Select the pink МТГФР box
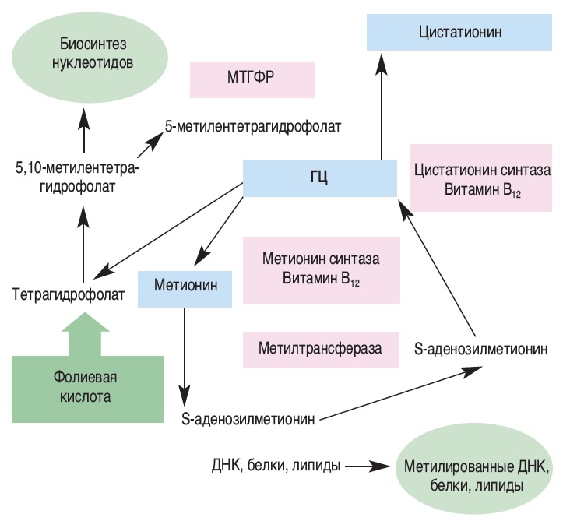point(252,80)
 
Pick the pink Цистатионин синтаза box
point(482,178)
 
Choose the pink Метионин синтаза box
point(321,269)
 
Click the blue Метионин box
point(185,287)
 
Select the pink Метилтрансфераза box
point(321,348)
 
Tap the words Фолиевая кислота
point(87,387)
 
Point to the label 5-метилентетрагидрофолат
point(254,125)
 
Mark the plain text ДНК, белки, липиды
point(276,466)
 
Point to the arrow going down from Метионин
point(185,350)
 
